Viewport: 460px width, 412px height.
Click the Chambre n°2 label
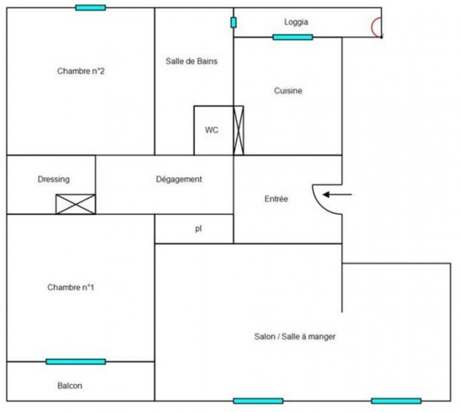click(x=81, y=71)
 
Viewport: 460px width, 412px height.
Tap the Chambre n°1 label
click(x=71, y=287)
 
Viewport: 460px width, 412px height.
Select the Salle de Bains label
click(x=192, y=61)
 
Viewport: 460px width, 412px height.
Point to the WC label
click(x=212, y=130)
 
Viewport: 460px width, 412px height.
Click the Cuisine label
click(x=288, y=91)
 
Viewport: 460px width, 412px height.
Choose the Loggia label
click(x=296, y=22)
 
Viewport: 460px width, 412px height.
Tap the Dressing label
click(x=53, y=179)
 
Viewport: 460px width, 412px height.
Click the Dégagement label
click(x=179, y=179)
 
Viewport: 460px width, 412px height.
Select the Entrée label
click(x=276, y=199)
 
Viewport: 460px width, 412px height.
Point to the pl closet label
click(x=198, y=229)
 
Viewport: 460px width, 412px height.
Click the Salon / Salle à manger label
click(x=295, y=336)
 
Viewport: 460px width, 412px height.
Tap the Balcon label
click(x=69, y=386)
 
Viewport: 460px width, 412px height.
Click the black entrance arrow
click(x=338, y=195)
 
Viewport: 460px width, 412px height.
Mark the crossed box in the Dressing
click(x=76, y=204)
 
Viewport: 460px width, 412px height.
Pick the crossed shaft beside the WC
click(x=238, y=130)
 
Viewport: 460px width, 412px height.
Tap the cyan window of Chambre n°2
click(x=90, y=7)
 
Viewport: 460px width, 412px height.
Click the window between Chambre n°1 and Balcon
click(x=76, y=361)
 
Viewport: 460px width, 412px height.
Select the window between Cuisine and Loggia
click(x=292, y=37)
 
